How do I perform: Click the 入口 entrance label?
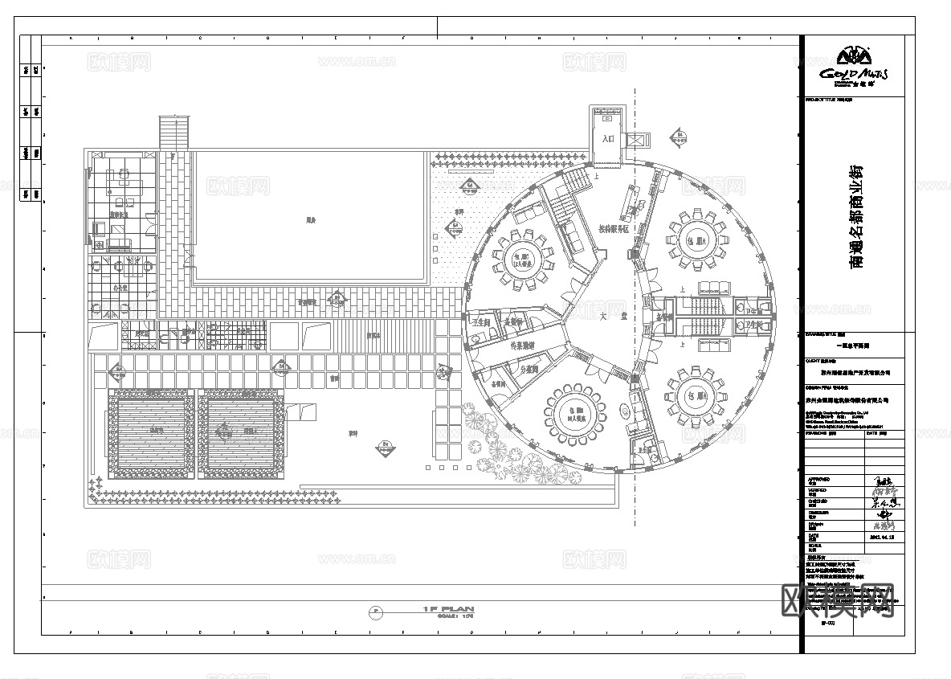608,139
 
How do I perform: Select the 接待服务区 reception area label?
616,229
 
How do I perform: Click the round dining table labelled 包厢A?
696,240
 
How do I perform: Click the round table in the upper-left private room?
523,258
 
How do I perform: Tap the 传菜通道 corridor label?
523,346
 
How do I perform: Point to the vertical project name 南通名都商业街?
856,216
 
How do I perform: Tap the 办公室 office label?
121,287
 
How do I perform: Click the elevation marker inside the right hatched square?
222,432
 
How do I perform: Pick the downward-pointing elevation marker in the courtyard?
386,446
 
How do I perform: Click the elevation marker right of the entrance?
679,136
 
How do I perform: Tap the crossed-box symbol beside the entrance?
639,138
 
